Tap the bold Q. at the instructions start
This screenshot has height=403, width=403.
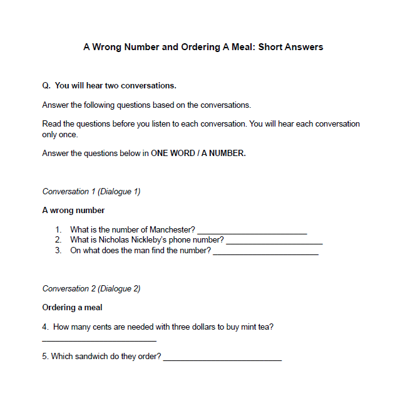(46, 86)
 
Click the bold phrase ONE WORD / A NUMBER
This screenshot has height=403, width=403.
(198, 154)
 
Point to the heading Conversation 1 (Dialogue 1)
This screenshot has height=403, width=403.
(91, 192)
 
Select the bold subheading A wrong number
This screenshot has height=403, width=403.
(73, 211)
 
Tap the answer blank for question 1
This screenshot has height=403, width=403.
(252, 231)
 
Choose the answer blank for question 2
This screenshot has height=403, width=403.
(274, 241)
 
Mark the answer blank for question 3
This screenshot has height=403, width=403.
(265, 252)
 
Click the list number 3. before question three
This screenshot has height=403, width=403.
(58, 251)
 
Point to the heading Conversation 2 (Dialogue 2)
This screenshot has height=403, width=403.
(91, 289)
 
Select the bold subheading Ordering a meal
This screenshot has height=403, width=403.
(72, 308)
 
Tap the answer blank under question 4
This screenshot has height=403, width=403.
(99, 340)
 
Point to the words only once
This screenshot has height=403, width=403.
(60, 135)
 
